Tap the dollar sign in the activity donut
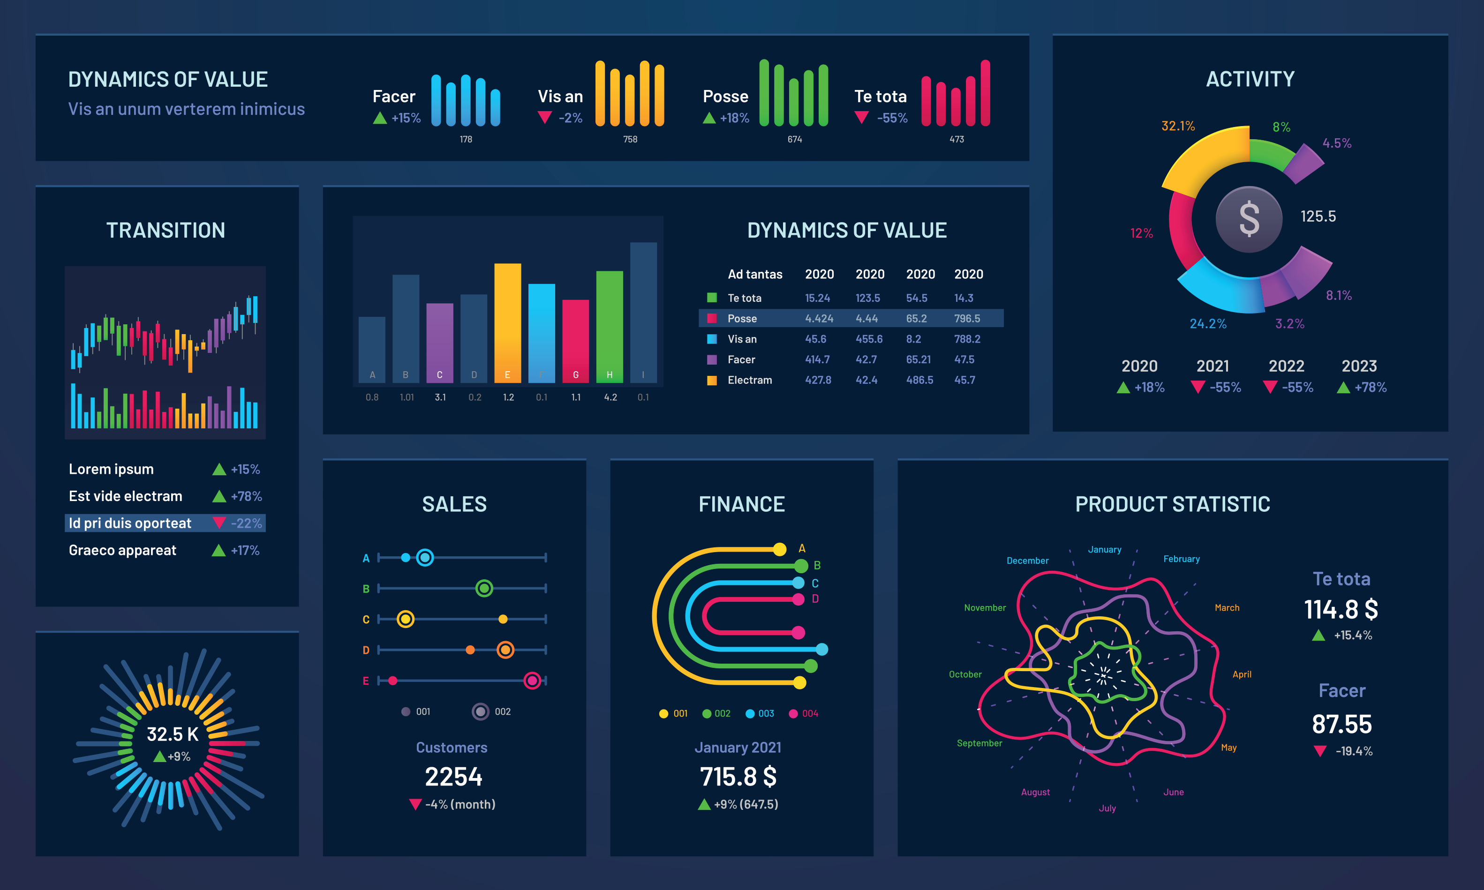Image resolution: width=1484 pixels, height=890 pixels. point(1249,219)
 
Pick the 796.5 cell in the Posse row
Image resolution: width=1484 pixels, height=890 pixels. point(967,318)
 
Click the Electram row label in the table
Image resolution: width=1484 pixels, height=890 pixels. point(749,380)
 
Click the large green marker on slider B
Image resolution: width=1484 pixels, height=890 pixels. point(484,588)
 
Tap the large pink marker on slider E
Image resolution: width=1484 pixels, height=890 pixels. point(532,681)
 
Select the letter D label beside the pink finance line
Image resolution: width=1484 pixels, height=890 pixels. point(815,598)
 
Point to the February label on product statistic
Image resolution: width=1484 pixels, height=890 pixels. point(1181,559)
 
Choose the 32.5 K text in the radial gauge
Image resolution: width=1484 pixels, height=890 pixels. point(172,734)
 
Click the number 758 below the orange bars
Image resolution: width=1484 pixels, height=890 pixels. point(630,139)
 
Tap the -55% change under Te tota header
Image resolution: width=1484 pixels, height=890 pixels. point(891,118)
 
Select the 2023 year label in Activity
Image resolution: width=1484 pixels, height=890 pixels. point(1359,366)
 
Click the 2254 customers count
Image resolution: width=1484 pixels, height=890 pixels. point(453,777)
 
